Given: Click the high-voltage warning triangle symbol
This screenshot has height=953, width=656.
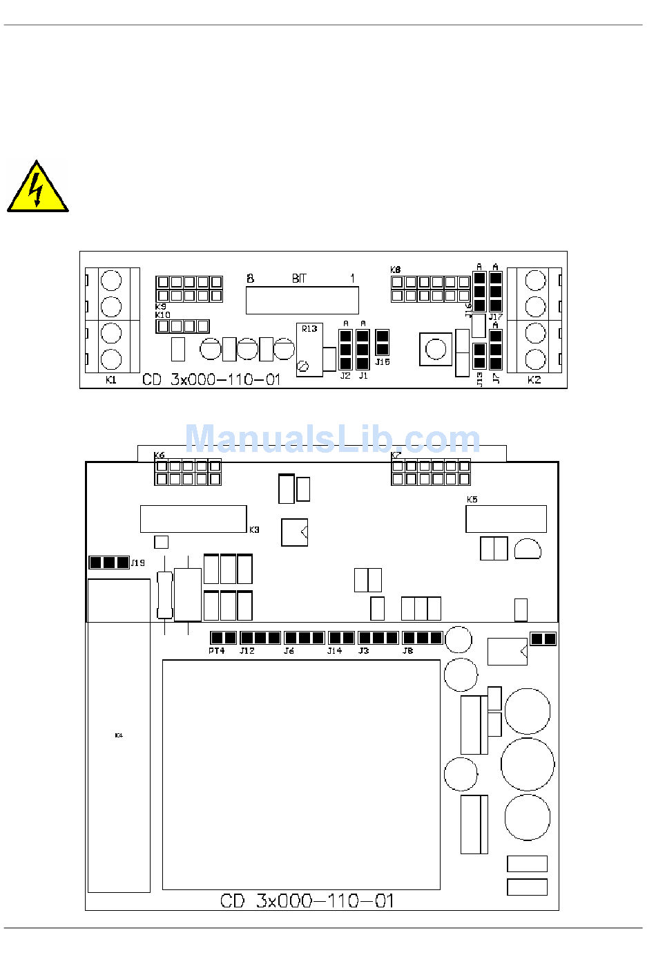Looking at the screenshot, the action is coord(37,187).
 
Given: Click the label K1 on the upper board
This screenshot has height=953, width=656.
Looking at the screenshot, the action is coord(111,380).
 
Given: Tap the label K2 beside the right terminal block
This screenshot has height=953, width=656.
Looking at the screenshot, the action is coord(534,380).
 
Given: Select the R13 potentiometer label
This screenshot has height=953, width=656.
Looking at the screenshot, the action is coord(309,329).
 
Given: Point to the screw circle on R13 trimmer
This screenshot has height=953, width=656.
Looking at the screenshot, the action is coord(302,366).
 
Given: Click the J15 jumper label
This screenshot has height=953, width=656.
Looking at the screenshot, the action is coord(383,362).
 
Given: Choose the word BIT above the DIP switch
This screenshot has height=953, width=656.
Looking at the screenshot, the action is coord(298,279).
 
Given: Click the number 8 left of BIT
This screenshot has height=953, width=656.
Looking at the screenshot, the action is coord(251,279).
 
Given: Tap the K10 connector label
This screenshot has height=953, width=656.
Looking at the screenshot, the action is coord(162,315).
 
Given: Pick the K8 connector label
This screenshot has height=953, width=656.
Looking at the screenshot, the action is coord(395,270).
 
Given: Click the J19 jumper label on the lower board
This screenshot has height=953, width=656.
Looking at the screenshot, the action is coord(138,563).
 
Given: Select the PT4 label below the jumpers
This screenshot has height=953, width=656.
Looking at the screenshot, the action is coord(216,651).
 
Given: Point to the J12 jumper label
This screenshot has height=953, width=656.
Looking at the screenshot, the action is coord(247,651).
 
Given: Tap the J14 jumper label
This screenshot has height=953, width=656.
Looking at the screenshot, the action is coord(334,651).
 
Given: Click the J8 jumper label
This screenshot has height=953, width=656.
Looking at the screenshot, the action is coord(407,651).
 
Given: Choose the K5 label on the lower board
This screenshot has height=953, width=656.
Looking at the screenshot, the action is coord(472,499).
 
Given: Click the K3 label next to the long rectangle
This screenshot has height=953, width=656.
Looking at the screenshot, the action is coord(254,530).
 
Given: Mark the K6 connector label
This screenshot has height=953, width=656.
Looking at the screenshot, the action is coord(160,455).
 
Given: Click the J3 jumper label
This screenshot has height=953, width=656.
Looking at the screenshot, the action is coord(363,651).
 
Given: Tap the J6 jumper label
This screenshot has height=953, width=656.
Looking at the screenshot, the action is coord(289,651).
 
